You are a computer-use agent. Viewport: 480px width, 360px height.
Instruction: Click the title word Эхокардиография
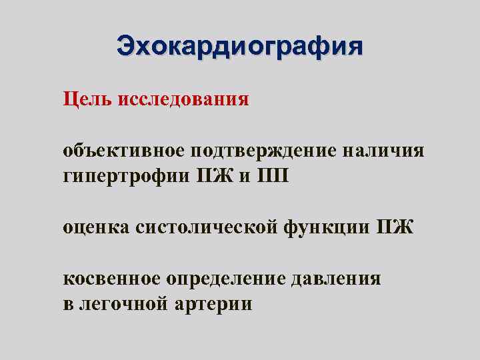pos(240,47)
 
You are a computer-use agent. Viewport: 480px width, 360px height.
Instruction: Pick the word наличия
pos(383,151)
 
